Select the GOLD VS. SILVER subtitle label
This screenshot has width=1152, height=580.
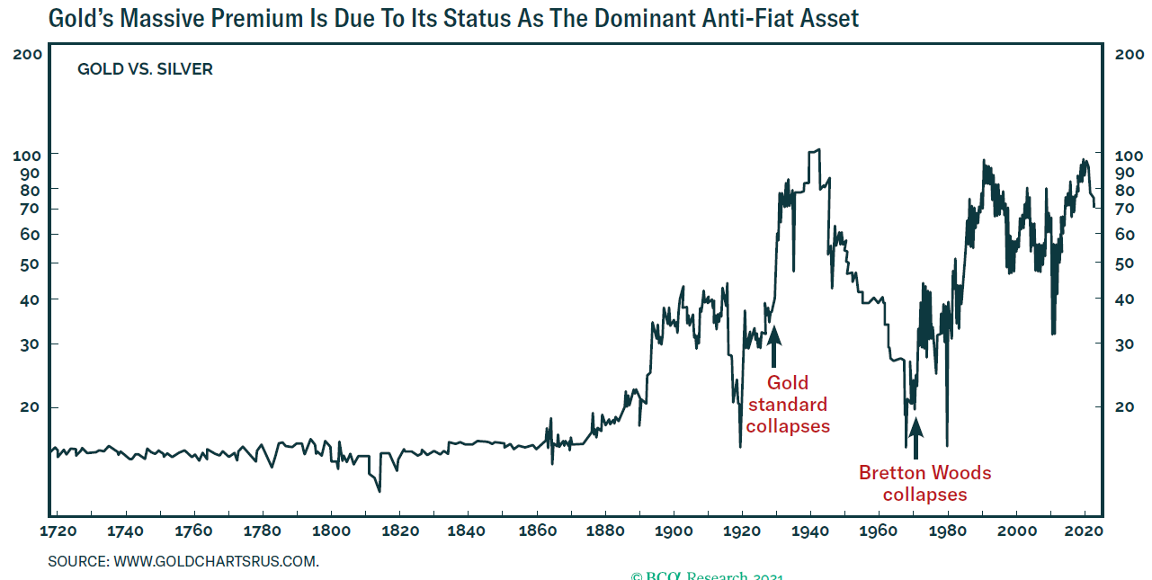[x=146, y=69]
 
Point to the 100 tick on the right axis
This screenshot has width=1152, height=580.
[x=1129, y=154]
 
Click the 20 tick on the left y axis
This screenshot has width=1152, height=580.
[x=33, y=407]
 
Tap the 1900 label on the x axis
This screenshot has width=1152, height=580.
[x=674, y=531]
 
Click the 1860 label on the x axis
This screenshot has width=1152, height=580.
[x=537, y=531]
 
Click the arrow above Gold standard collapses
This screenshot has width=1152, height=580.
[x=773, y=346]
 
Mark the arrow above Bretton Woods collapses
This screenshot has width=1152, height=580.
[x=915, y=440]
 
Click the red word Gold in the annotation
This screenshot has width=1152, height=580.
[x=788, y=384]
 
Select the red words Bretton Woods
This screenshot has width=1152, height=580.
[x=924, y=473]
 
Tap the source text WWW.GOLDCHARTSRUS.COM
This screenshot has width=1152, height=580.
[x=216, y=562]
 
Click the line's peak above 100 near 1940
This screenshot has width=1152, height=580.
[x=815, y=150]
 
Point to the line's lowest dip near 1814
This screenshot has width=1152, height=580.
[x=380, y=491]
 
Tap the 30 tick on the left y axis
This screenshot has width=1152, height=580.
[x=33, y=344]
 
